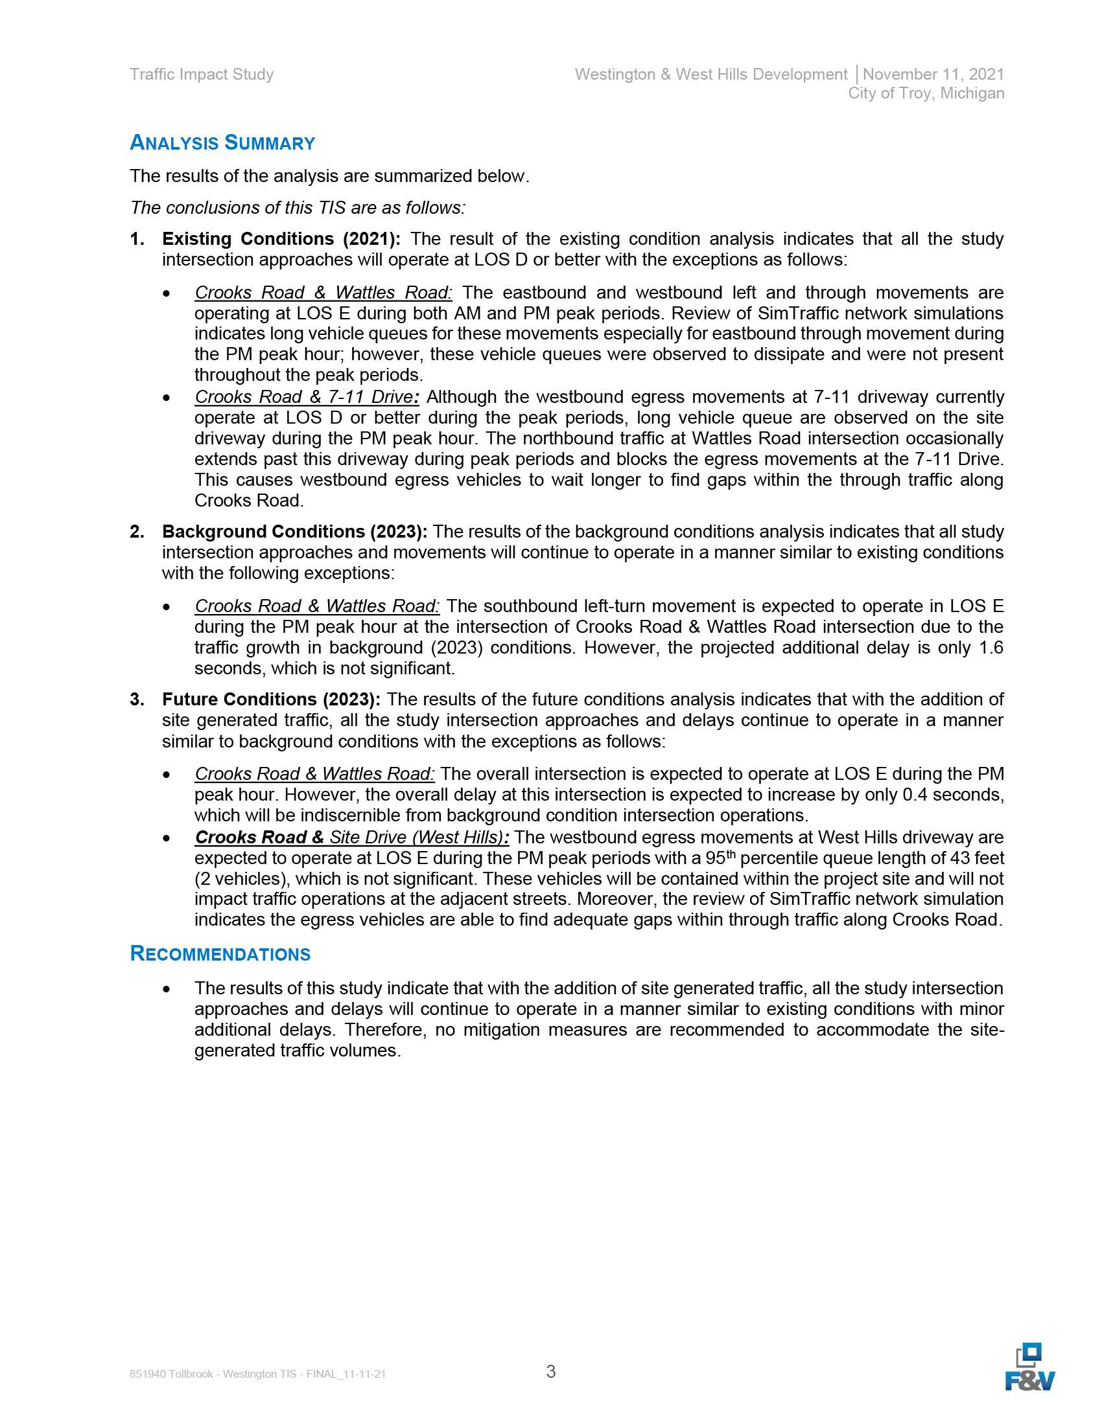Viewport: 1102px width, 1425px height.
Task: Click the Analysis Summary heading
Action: coord(222,142)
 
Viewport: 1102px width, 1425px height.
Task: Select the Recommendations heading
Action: coord(220,953)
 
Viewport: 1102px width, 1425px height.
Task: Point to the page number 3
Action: coord(551,1371)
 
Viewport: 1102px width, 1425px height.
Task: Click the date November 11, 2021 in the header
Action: coord(933,74)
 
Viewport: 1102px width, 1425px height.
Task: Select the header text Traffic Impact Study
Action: coord(202,74)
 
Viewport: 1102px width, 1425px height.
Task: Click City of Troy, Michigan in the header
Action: coord(926,93)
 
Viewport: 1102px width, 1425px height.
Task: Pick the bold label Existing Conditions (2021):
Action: coord(281,239)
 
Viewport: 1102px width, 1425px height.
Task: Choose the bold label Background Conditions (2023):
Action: coord(294,532)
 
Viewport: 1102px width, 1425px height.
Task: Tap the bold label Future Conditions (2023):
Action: coord(271,700)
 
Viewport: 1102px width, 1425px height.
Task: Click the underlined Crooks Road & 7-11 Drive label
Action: coord(307,396)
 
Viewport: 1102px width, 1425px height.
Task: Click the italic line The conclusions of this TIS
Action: coord(298,207)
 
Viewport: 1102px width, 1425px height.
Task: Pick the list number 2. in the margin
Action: coord(137,532)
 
